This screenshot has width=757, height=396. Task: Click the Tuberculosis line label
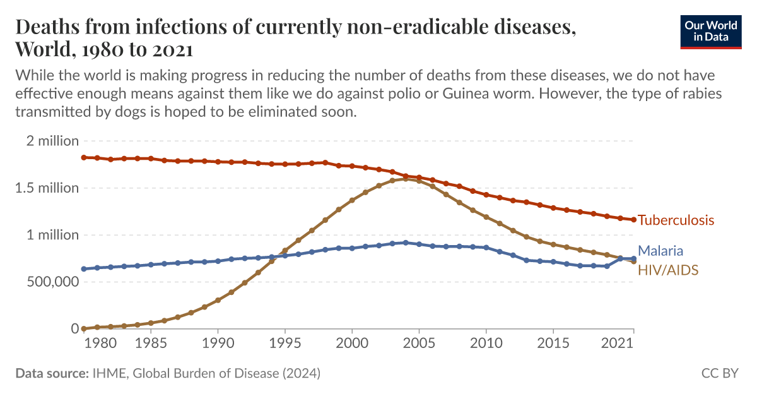pyautogui.click(x=676, y=220)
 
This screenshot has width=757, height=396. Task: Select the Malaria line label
pyautogui.click(x=660, y=251)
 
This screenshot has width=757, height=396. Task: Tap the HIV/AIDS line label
pyautogui.click(x=668, y=270)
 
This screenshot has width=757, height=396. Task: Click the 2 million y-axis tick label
pyautogui.click(x=52, y=141)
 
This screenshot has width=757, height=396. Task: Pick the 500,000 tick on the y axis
pyautogui.click(x=49, y=282)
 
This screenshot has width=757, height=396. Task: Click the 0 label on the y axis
pyautogui.click(x=74, y=328)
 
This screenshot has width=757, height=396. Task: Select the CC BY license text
pyautogui.click(x=720, y=373)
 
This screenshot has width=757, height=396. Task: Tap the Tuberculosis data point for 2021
pyautogui.click(x=633, y=220)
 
